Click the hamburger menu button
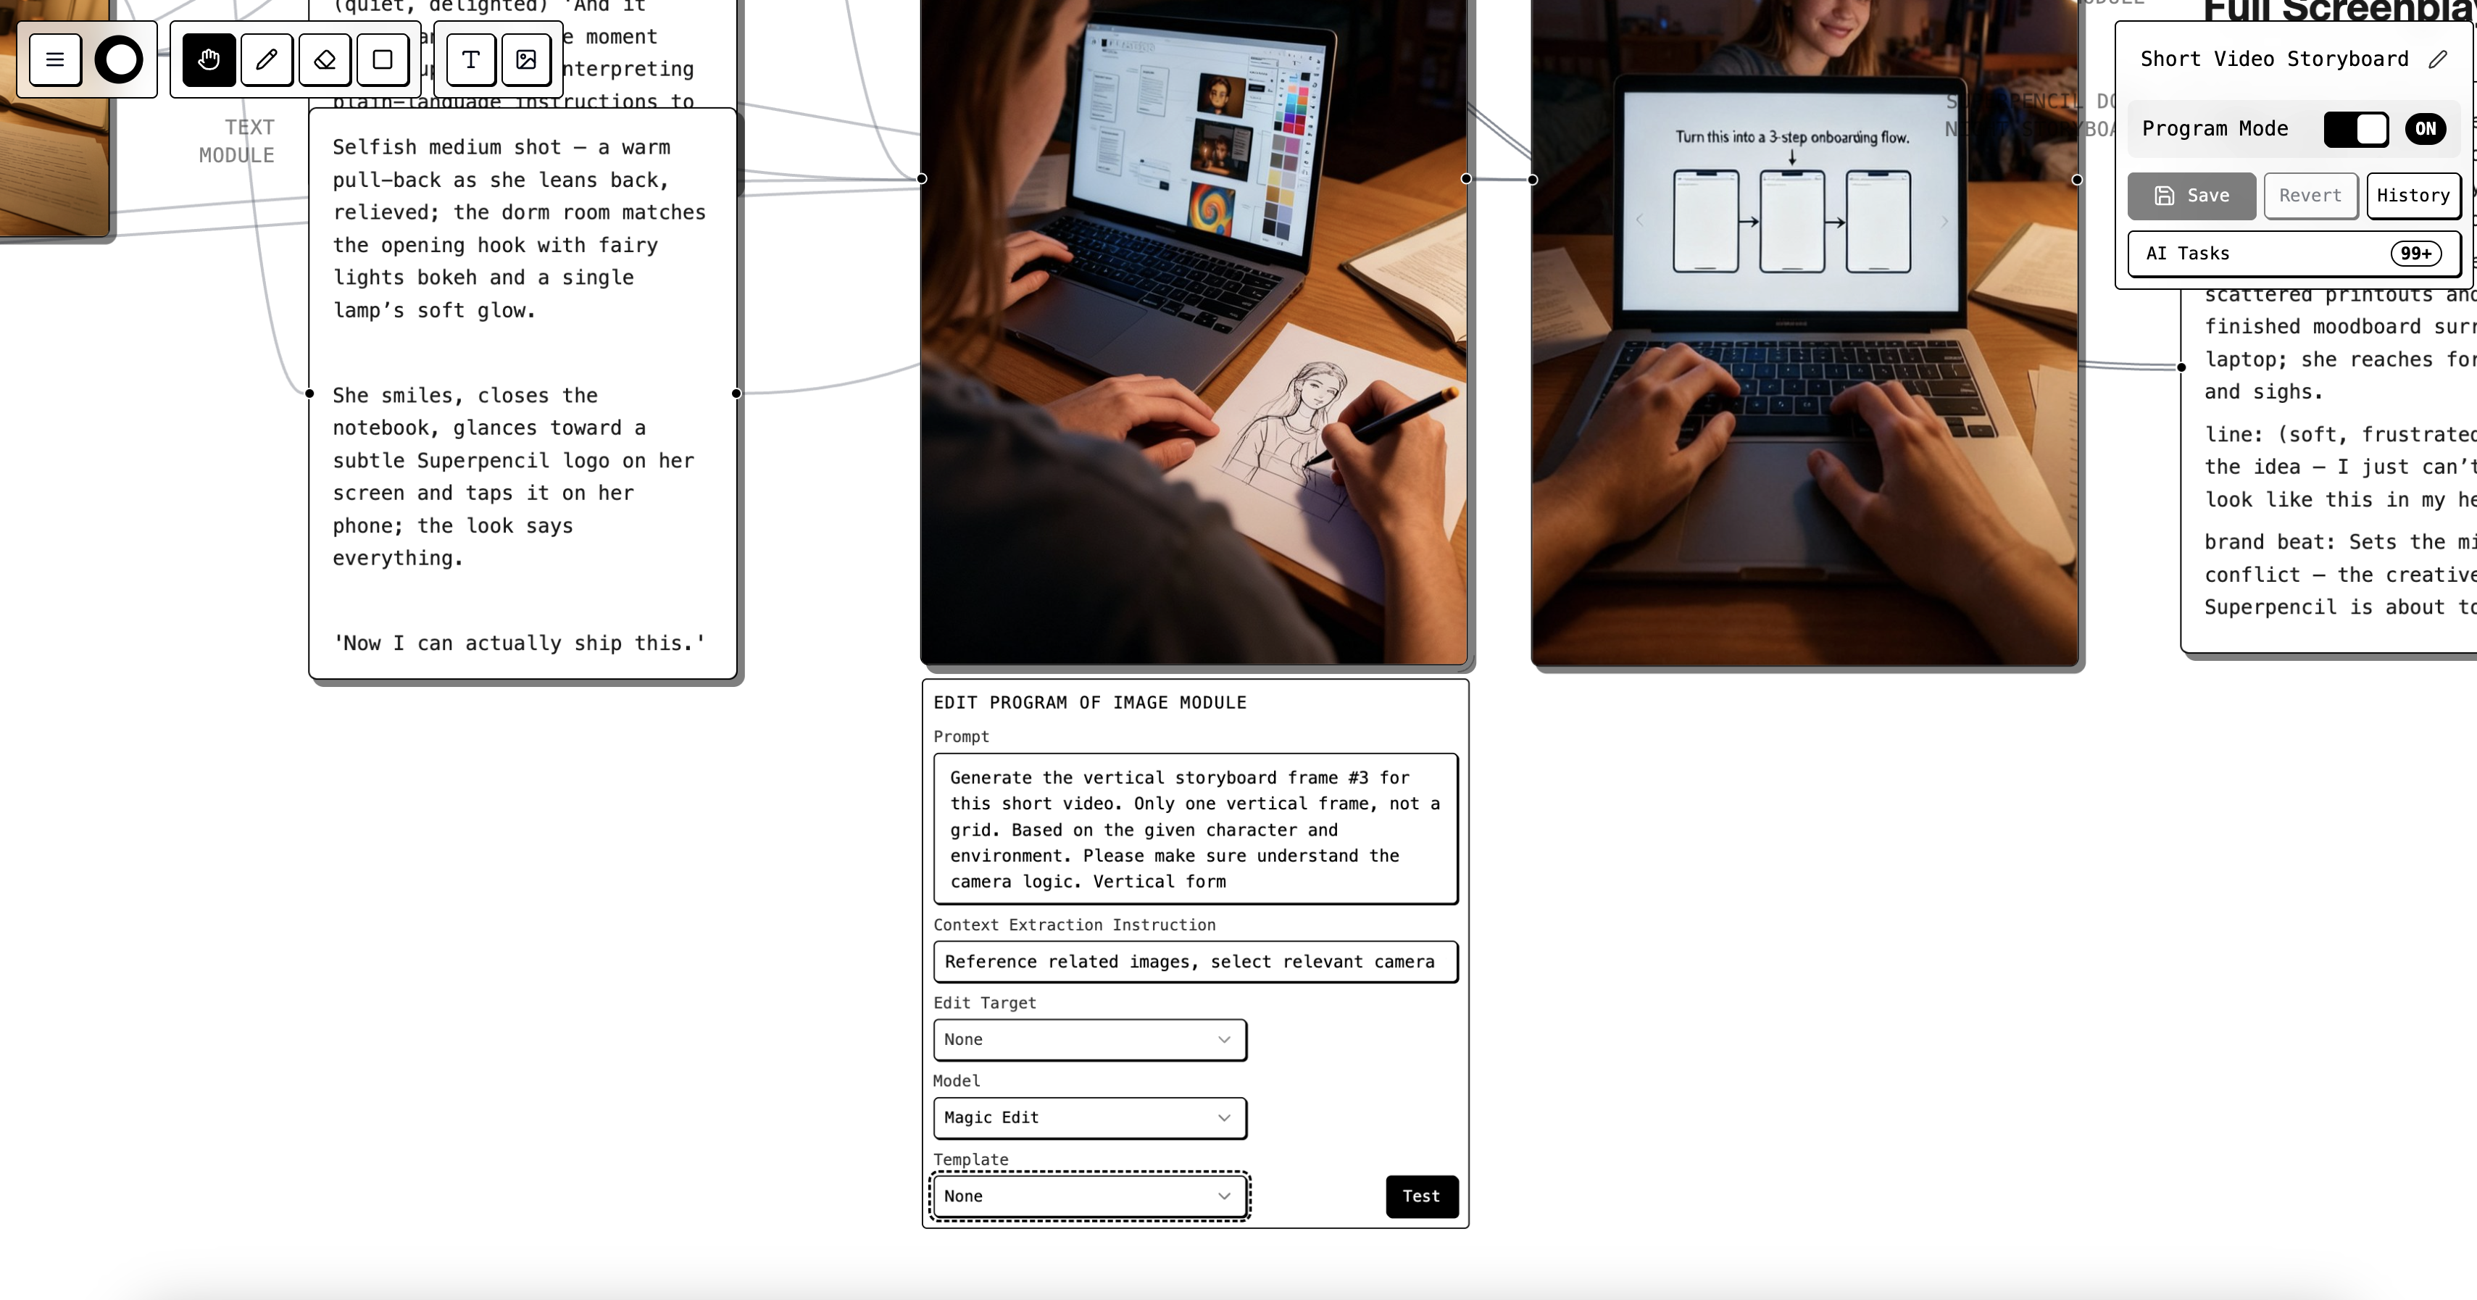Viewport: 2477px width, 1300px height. (55, 59)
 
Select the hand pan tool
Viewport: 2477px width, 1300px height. (209, 59)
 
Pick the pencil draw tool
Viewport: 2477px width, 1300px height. (267, 59)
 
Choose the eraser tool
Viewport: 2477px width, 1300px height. (325, 59)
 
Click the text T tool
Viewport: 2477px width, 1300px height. (470, 59)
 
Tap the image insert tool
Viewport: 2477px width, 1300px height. (526, 59)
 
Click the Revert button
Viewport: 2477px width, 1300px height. (2310, 195)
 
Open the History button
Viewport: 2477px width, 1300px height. (2413, 195)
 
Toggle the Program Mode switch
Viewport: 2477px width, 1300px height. (2356, 129)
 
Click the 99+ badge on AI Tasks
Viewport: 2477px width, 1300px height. (2415, 253)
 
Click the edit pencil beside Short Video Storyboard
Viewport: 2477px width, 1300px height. (2436, 59)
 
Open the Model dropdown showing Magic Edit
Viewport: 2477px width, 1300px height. (1089, 1117)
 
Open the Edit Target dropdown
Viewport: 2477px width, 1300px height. (1089, 1039)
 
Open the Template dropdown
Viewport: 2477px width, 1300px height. (1089, 1196)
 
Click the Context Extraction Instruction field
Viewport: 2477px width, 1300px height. (1194, 962)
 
